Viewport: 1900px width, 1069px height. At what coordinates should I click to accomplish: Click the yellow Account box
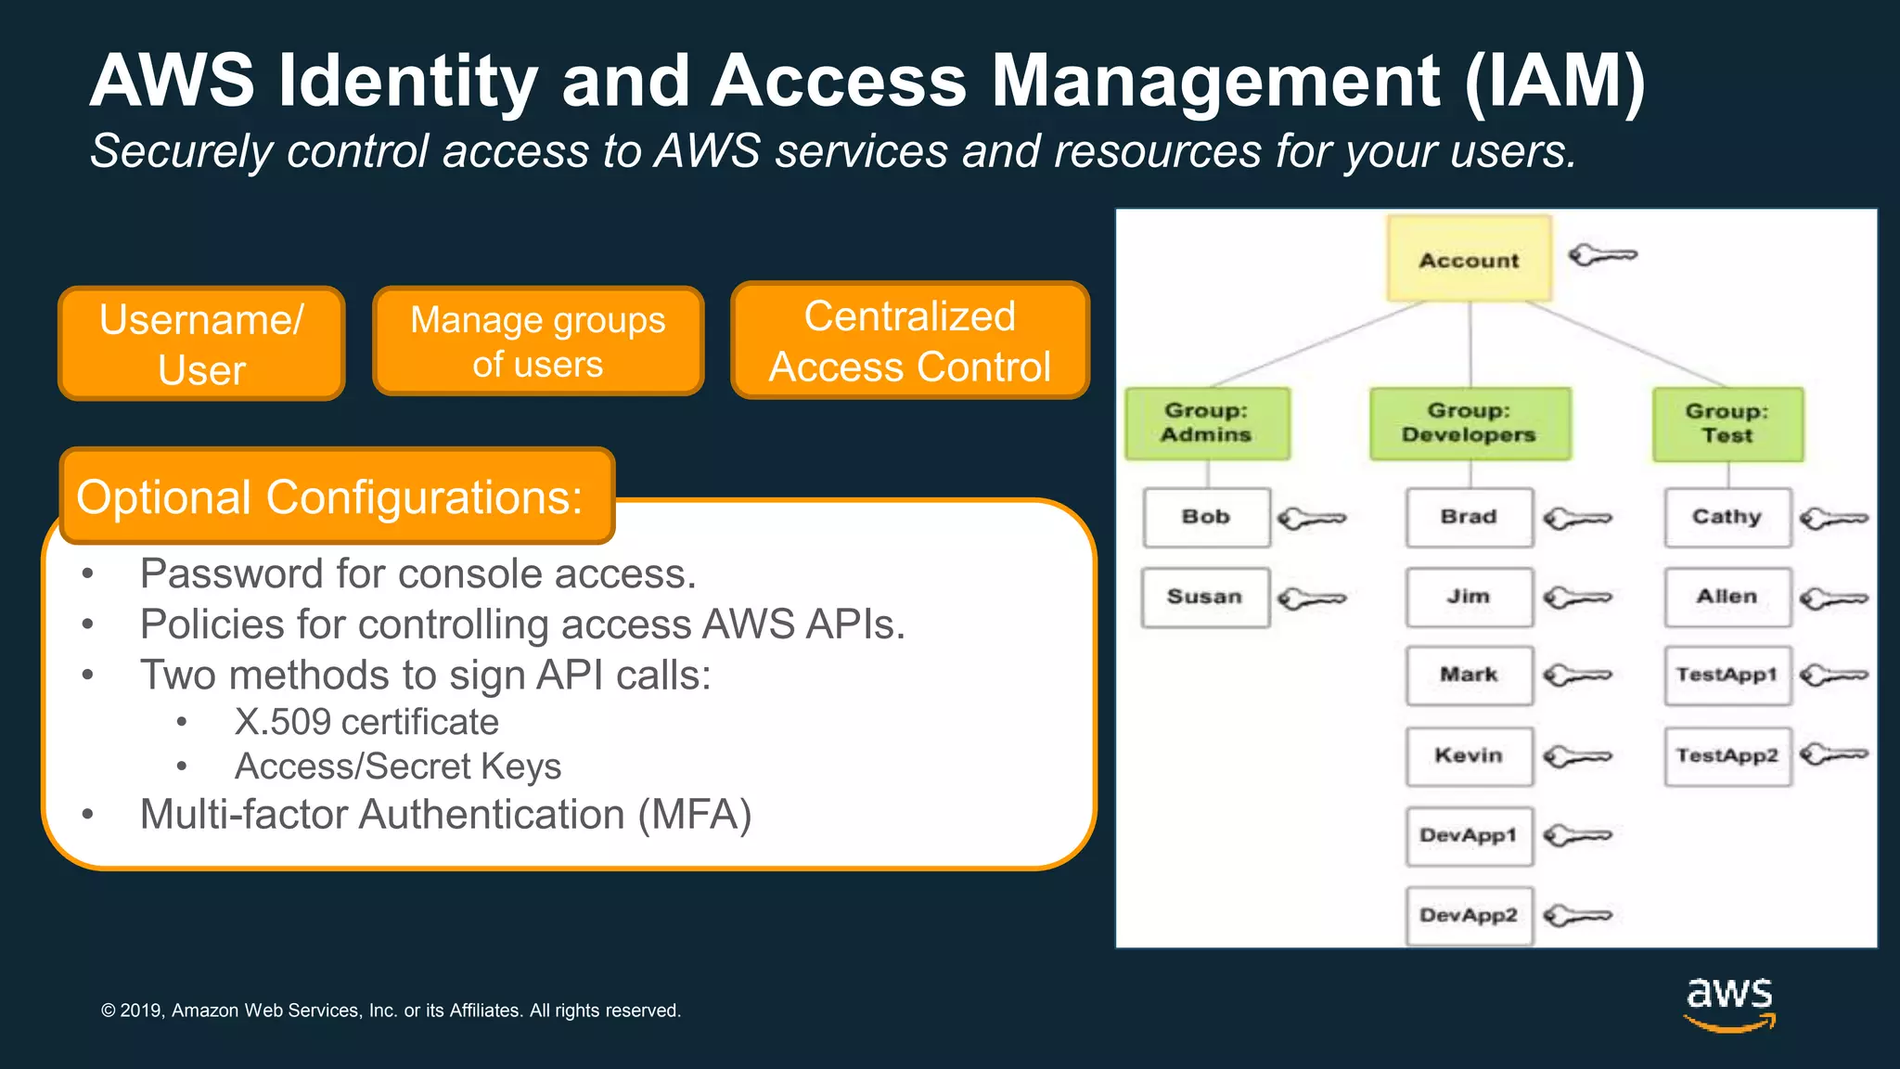tap(1469, 259)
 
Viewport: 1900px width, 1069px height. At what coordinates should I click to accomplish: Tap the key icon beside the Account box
tap(1602, 254)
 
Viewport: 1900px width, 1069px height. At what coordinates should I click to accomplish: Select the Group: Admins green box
tap(1207, 423)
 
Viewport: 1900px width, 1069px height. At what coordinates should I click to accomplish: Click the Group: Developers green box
tap(1470, 423)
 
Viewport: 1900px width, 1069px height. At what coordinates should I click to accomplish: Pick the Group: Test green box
tap(1727, 424)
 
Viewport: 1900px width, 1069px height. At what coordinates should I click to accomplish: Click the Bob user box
tap(1206, 517)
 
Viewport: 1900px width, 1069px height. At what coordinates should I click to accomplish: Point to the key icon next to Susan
tap(1311, 599)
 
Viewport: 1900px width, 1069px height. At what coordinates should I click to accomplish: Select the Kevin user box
tap(1469, 755)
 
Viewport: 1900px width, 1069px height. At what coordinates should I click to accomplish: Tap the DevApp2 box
tap(1469, 915)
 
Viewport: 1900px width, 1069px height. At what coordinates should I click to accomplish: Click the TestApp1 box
tap(1727, 676)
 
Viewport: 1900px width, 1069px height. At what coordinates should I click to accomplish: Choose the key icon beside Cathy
tap(1833, 518)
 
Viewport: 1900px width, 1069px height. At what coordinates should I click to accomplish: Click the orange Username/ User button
tap(201, 344)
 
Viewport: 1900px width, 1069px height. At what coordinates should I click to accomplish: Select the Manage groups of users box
tap(538, 341)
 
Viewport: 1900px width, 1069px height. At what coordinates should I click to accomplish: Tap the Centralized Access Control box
tap(909, 341)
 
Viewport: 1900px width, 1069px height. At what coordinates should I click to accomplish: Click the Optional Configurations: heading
tap(330, 497)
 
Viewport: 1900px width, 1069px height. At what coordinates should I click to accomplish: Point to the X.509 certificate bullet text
tap(366, 722)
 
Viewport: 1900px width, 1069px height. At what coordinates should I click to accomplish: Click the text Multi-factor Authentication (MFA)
tap(445, 815)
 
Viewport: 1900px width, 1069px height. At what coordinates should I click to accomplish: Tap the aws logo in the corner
tap(1729, 1003)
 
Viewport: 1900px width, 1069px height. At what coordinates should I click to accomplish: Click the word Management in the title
tap(1216, 82)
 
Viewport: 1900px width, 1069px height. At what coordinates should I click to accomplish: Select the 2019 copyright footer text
tap(391, 1011)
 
